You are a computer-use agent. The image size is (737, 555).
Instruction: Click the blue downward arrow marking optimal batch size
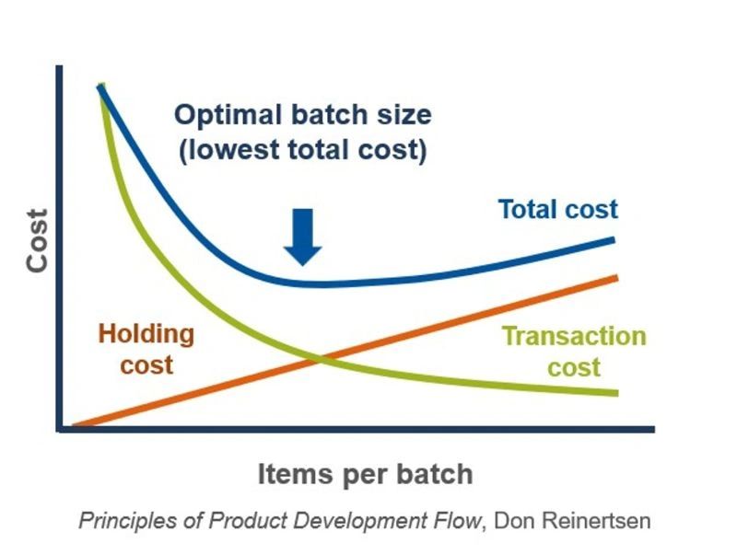coord(303,237)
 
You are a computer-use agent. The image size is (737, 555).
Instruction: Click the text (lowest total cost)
coord(302,149)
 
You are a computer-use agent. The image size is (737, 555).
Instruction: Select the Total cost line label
coord(558,209)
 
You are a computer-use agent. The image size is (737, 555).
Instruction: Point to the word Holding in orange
coord(146,333)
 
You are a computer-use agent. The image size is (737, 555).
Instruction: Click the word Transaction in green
coord(573,336)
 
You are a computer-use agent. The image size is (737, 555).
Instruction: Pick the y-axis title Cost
coord(36,241)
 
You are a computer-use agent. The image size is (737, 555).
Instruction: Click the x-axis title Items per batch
coord(365,474)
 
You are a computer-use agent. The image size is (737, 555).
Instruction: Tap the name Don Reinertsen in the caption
coord(573,520)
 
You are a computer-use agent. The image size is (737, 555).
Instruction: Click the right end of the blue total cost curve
coord(613,240)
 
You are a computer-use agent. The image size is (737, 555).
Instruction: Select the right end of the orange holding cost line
coord(614,277)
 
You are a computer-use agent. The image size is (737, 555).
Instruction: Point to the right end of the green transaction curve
coord(614,393)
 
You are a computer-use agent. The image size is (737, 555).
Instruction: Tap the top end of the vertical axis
coord(59,68)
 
